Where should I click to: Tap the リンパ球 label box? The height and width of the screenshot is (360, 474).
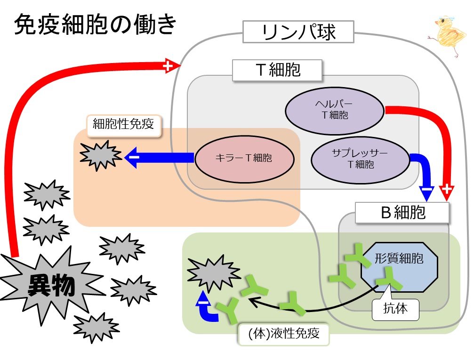[298, 32]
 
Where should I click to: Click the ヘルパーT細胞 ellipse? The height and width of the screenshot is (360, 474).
[335, 110]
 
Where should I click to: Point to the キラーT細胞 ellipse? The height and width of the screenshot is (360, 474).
[244, 159]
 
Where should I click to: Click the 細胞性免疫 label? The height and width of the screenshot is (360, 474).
[123, 125]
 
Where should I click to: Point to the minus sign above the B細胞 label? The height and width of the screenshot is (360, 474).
[426, 192]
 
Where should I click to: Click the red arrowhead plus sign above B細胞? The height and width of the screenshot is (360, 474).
[447, 192]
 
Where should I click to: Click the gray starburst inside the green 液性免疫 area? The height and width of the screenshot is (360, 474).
[210, 272]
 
